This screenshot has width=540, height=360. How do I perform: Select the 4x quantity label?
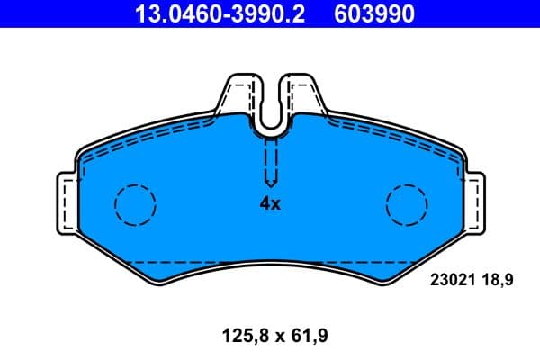coord(270,203)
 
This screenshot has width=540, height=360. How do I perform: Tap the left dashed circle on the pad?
coord(135,204)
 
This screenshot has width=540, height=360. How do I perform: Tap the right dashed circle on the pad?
coord(406,204)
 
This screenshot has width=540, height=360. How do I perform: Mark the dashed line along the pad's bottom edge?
coord(270,261)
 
